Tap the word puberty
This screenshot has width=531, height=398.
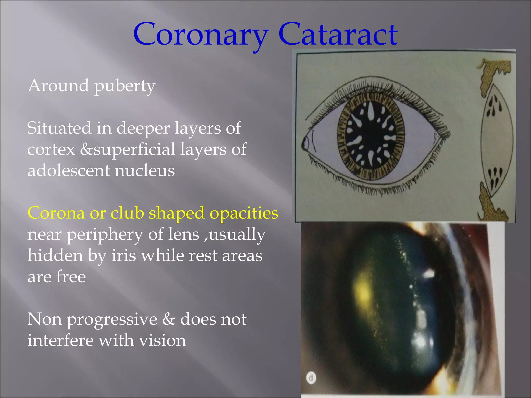coord(125,86)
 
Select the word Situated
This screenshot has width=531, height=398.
coord(59,128)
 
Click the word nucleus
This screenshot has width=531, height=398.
coord(145,171)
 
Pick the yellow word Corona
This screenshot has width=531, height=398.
coord(56,213)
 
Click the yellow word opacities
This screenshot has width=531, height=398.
coord(244,214)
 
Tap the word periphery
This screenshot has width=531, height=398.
coord(105,235)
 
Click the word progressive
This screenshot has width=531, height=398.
coord(112,319)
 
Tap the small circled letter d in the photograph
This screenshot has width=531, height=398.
coord(311,378)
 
